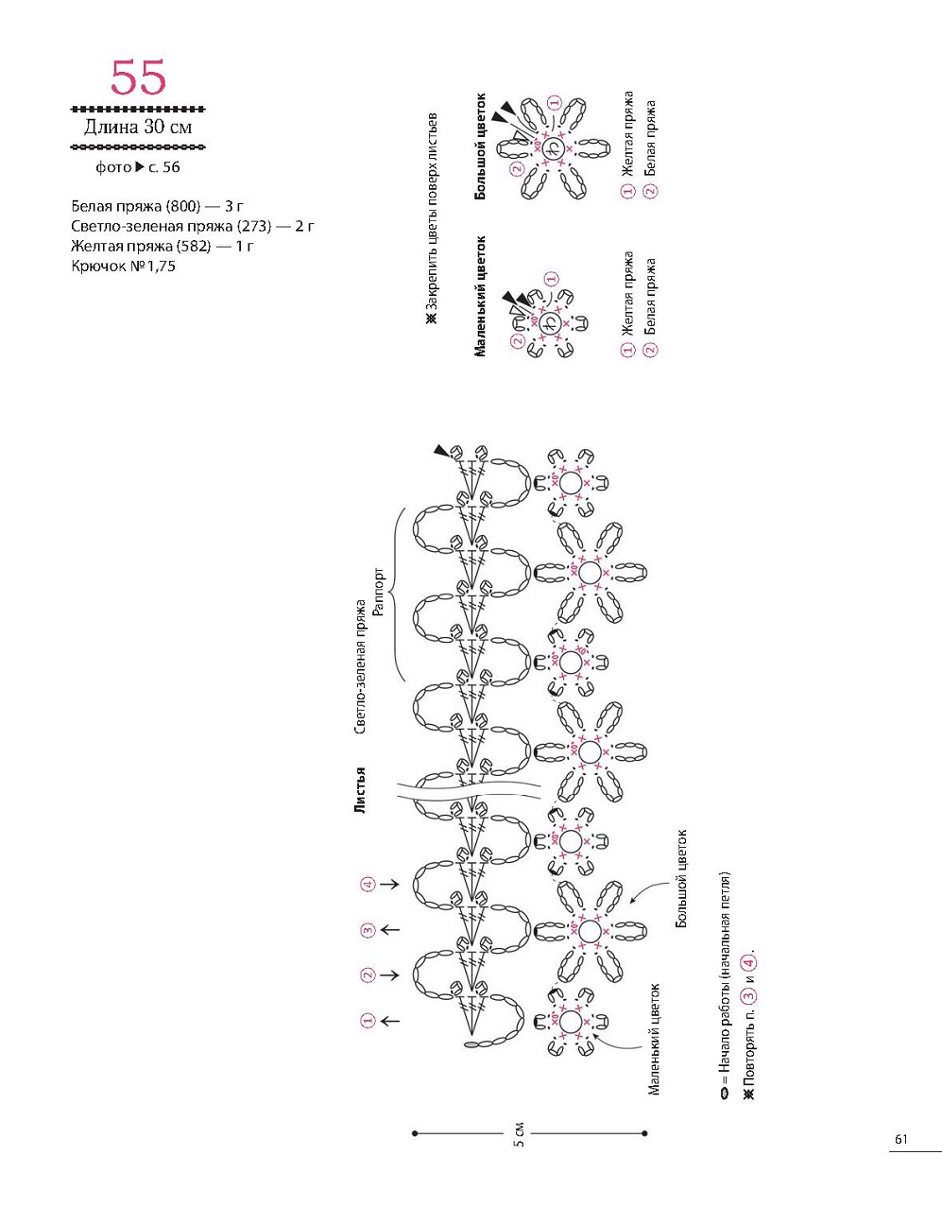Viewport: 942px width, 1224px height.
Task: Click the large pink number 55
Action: click(138, 78)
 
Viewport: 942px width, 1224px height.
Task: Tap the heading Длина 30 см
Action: click(138, 128)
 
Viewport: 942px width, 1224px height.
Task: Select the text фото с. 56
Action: click(138, 167)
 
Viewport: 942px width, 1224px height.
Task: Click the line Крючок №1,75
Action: click(123, 267)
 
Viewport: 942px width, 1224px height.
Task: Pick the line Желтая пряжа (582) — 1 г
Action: click(163, 246)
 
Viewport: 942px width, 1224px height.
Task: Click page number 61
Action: click(900, 1139)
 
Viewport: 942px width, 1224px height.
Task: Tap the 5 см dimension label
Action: click(519, 1134)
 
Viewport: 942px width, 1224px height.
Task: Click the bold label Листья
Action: click(360, 789)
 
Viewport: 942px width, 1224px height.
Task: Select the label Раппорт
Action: click(379, 592)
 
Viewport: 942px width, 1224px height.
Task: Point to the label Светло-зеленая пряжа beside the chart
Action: click(360, 666)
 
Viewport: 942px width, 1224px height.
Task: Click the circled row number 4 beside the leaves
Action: click(368, 885)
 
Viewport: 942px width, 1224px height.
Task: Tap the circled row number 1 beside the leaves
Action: click(368, 1021)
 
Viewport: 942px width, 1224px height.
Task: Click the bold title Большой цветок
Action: click(480, 146)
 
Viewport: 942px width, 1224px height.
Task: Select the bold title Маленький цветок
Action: click(480, 296)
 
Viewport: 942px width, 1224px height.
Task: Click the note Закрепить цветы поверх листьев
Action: click(433, 217)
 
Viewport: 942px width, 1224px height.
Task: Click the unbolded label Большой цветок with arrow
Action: click(681, 878)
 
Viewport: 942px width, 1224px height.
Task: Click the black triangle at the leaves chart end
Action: click(441, 451)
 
